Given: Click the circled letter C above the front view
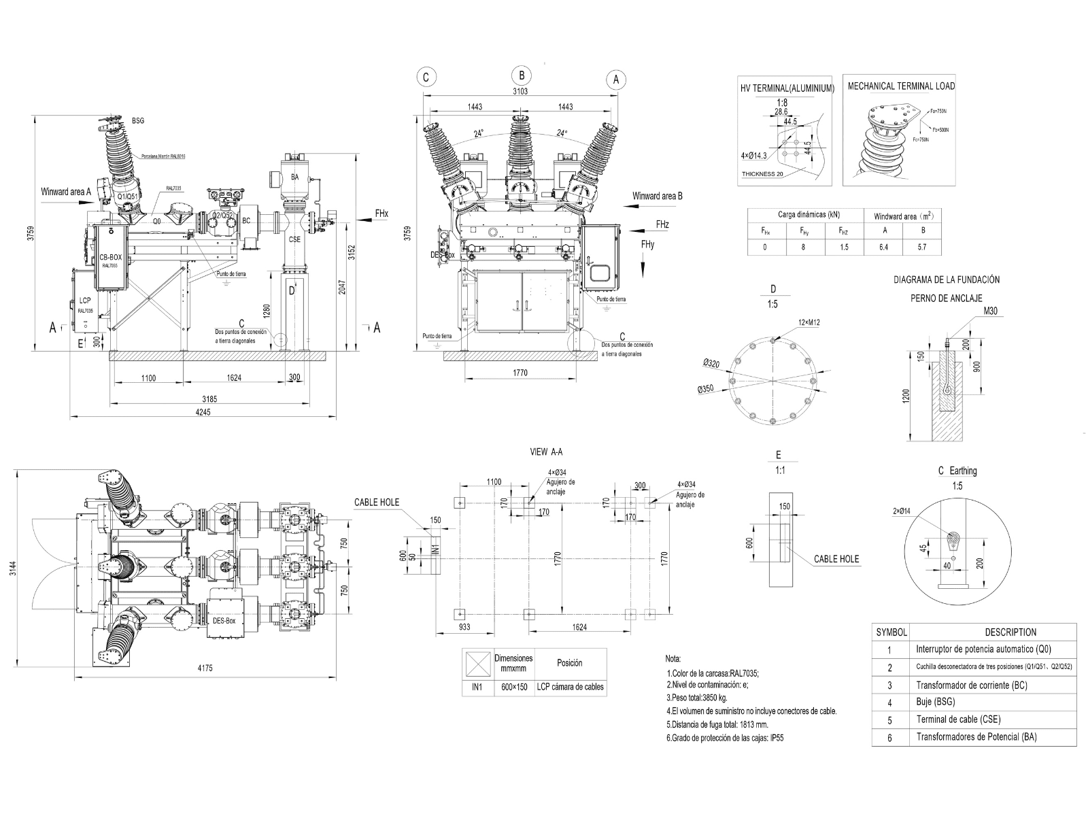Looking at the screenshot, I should (426, 78).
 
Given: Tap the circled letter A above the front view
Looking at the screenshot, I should (616, 80).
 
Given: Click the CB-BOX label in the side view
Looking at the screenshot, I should (111, 258).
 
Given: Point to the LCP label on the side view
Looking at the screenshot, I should (85, 300).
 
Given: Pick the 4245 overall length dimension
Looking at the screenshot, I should (203, 412).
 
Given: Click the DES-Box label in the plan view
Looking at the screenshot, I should (224, 621).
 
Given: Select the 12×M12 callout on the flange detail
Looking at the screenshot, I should (809, 322).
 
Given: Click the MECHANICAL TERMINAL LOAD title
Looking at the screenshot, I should (900, 86).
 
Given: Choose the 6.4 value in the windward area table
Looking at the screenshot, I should (883, 248).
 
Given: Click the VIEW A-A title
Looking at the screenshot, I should (546, 452).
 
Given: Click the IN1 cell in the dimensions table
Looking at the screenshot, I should (477, 687).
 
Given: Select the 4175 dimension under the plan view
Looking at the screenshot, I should (205, 668).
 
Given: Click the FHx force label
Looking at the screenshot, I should (381, 214).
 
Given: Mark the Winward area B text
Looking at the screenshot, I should (657, 196).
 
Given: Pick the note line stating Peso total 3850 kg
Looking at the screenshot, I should (697, 698).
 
